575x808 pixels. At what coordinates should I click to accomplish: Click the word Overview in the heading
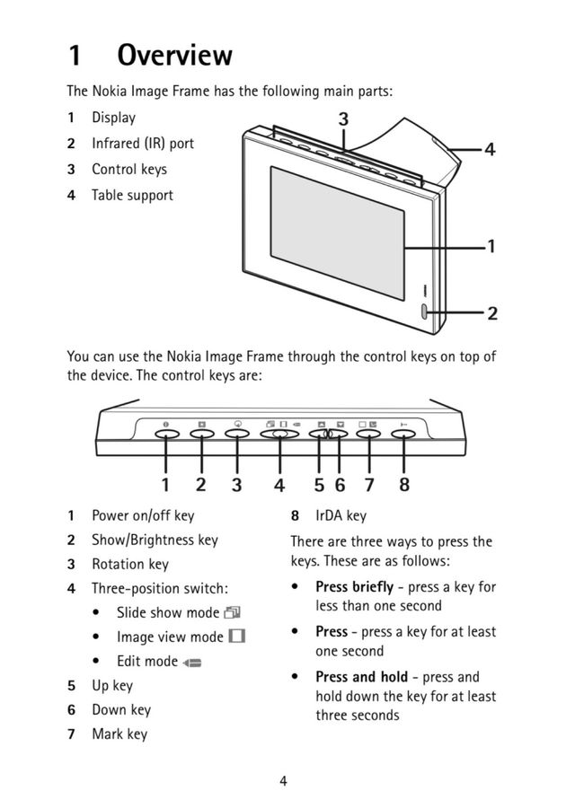175,56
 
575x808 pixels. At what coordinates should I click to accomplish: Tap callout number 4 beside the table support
490,150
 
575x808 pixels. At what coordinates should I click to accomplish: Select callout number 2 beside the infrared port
491,313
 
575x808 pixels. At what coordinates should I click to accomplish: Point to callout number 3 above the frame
343,119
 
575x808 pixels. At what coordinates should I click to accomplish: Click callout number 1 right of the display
491,245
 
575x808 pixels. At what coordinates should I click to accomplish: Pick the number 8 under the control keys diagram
403,485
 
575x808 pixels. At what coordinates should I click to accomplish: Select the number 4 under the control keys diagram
279,485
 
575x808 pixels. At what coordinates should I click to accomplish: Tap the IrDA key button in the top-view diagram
403,434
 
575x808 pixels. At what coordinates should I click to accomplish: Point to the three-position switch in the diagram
279,434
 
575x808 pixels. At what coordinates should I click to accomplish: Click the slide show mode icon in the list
234,613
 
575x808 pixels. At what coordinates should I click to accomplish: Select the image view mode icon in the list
237,637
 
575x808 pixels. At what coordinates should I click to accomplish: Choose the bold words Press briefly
354,587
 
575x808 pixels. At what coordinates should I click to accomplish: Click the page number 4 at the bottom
283,780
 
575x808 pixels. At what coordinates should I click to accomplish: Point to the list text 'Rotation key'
130,564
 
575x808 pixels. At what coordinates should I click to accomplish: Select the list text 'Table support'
132,195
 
